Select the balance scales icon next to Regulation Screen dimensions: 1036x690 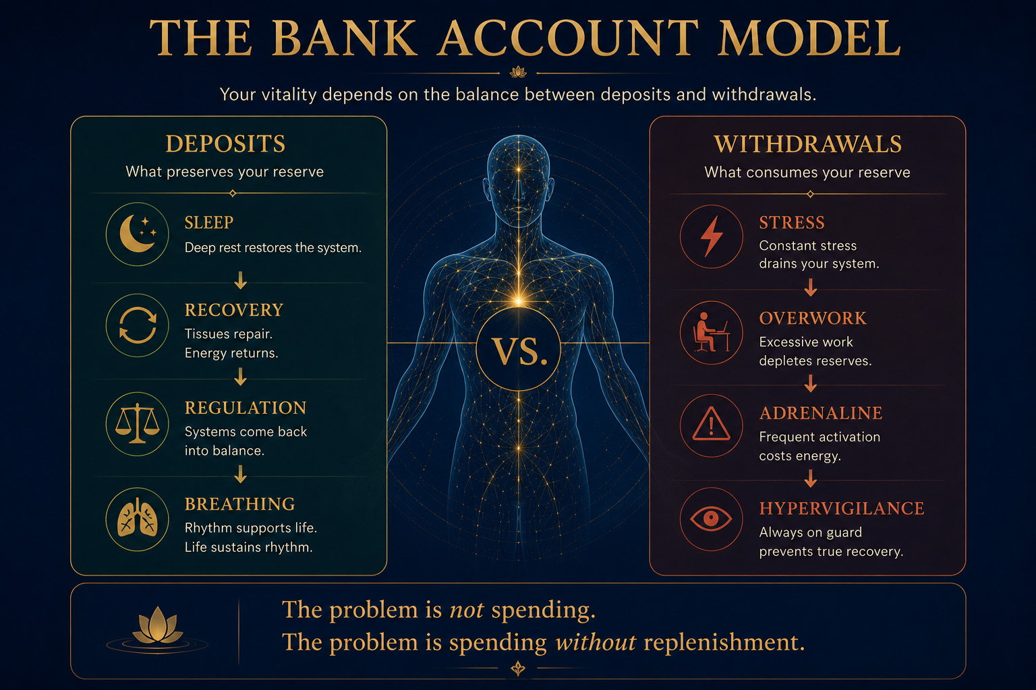[x=138, y=423]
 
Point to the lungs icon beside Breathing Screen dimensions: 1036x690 [x=138, y=519]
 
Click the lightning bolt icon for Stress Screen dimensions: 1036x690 [x=711, y=236]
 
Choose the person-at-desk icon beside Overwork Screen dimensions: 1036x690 [x=711, y=332]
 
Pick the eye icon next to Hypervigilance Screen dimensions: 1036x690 [x=711, y=518]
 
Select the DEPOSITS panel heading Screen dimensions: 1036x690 [x=226, y=144]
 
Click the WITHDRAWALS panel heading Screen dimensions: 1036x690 [x=807, y=144]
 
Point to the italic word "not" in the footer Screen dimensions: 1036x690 [x=467, y=610]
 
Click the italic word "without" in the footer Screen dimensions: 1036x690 [x=596, y=642]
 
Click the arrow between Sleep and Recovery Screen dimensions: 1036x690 [x=240, y=280]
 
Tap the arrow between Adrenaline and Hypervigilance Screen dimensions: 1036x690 [x=810, y=478]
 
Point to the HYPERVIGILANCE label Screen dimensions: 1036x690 [x=842, y=508]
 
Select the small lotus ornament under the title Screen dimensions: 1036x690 [x=518, y=71]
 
